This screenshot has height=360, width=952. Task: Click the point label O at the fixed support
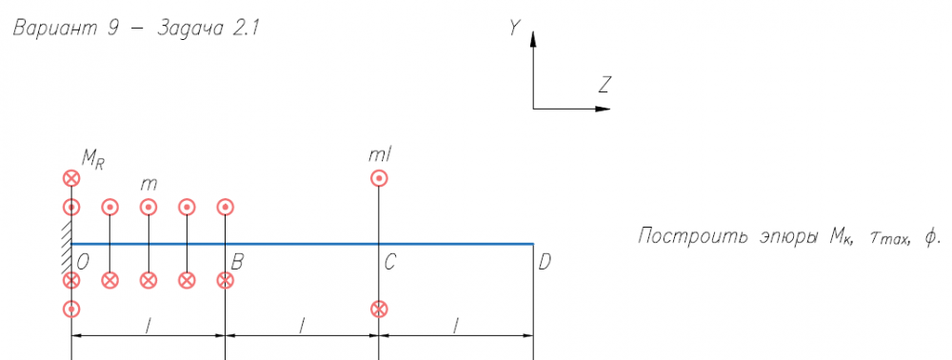click(83, 263)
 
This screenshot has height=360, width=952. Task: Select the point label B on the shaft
click(237, 263)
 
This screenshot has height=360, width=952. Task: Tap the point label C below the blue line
click(391, 263)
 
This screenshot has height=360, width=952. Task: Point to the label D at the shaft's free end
click(545, 263)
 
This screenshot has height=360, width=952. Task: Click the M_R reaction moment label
click(92, 160)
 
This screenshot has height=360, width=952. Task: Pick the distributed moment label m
click(149, 184)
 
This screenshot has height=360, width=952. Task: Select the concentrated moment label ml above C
click(380, 155)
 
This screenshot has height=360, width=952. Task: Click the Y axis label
click(515, 28)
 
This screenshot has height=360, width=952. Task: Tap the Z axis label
click(604, 85)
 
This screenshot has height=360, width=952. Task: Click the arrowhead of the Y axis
click(533, 39)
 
